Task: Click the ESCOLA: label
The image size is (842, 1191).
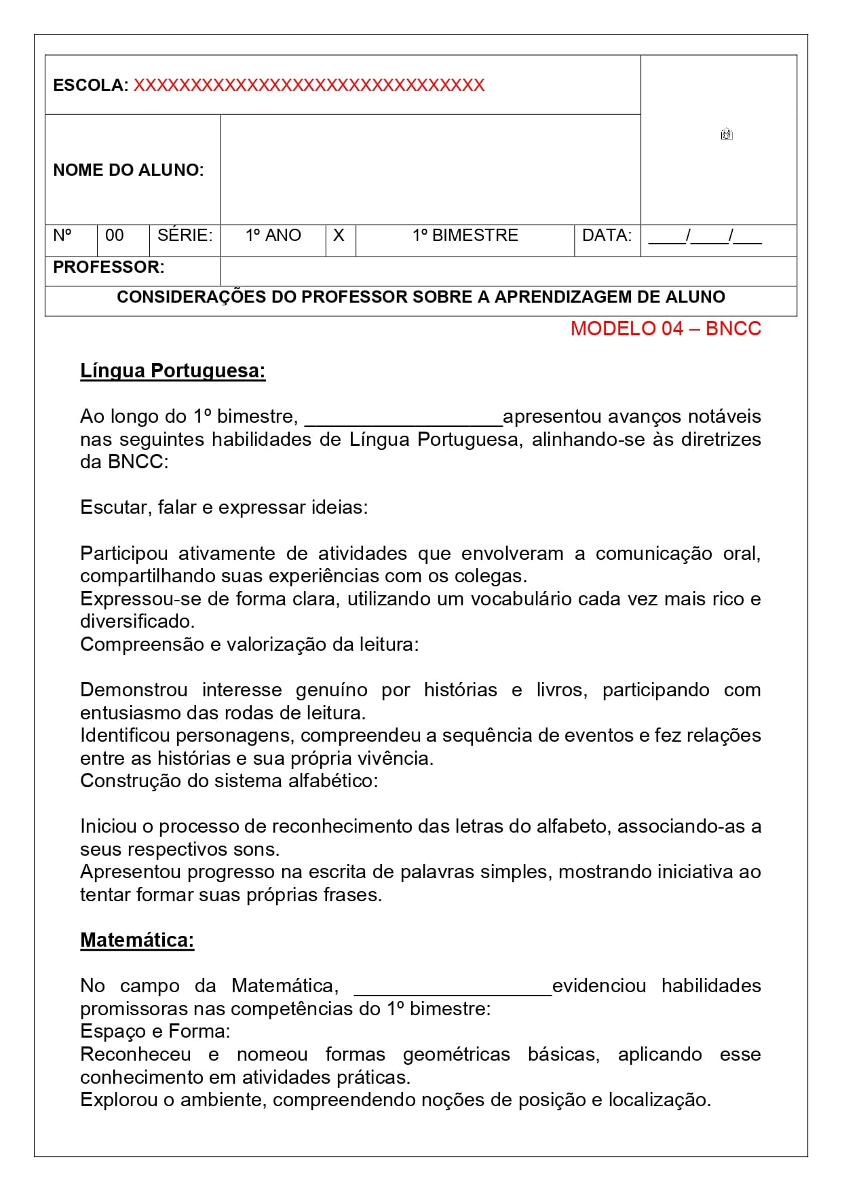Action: (x=90, y=86)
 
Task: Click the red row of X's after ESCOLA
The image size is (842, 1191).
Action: (x=309, y=86)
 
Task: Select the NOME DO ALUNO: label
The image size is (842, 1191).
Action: (x=128, y=170)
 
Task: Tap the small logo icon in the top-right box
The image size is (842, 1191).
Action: (x=727, y=134)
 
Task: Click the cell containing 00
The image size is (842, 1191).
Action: (x=115, y=235)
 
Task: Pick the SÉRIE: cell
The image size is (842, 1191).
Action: (x=185, y=235)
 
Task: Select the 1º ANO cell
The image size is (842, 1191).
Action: (x=273, y=235)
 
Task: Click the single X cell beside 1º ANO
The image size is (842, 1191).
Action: (x=339, y=235)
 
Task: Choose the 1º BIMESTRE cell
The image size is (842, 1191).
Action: (x=465, y=235)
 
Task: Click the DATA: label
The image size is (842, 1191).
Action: (x=607, y=235)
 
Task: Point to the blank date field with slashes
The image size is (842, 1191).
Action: (x=705, y=237)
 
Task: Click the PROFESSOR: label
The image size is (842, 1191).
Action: (x=109, y=267)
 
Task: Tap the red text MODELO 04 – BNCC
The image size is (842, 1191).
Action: (x=666, y=328)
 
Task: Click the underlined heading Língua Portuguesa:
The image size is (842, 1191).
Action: (x=172, y=371)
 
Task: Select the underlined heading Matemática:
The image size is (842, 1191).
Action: (x=137, y=940)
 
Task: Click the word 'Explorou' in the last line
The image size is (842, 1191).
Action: (x=119, y=1100)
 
